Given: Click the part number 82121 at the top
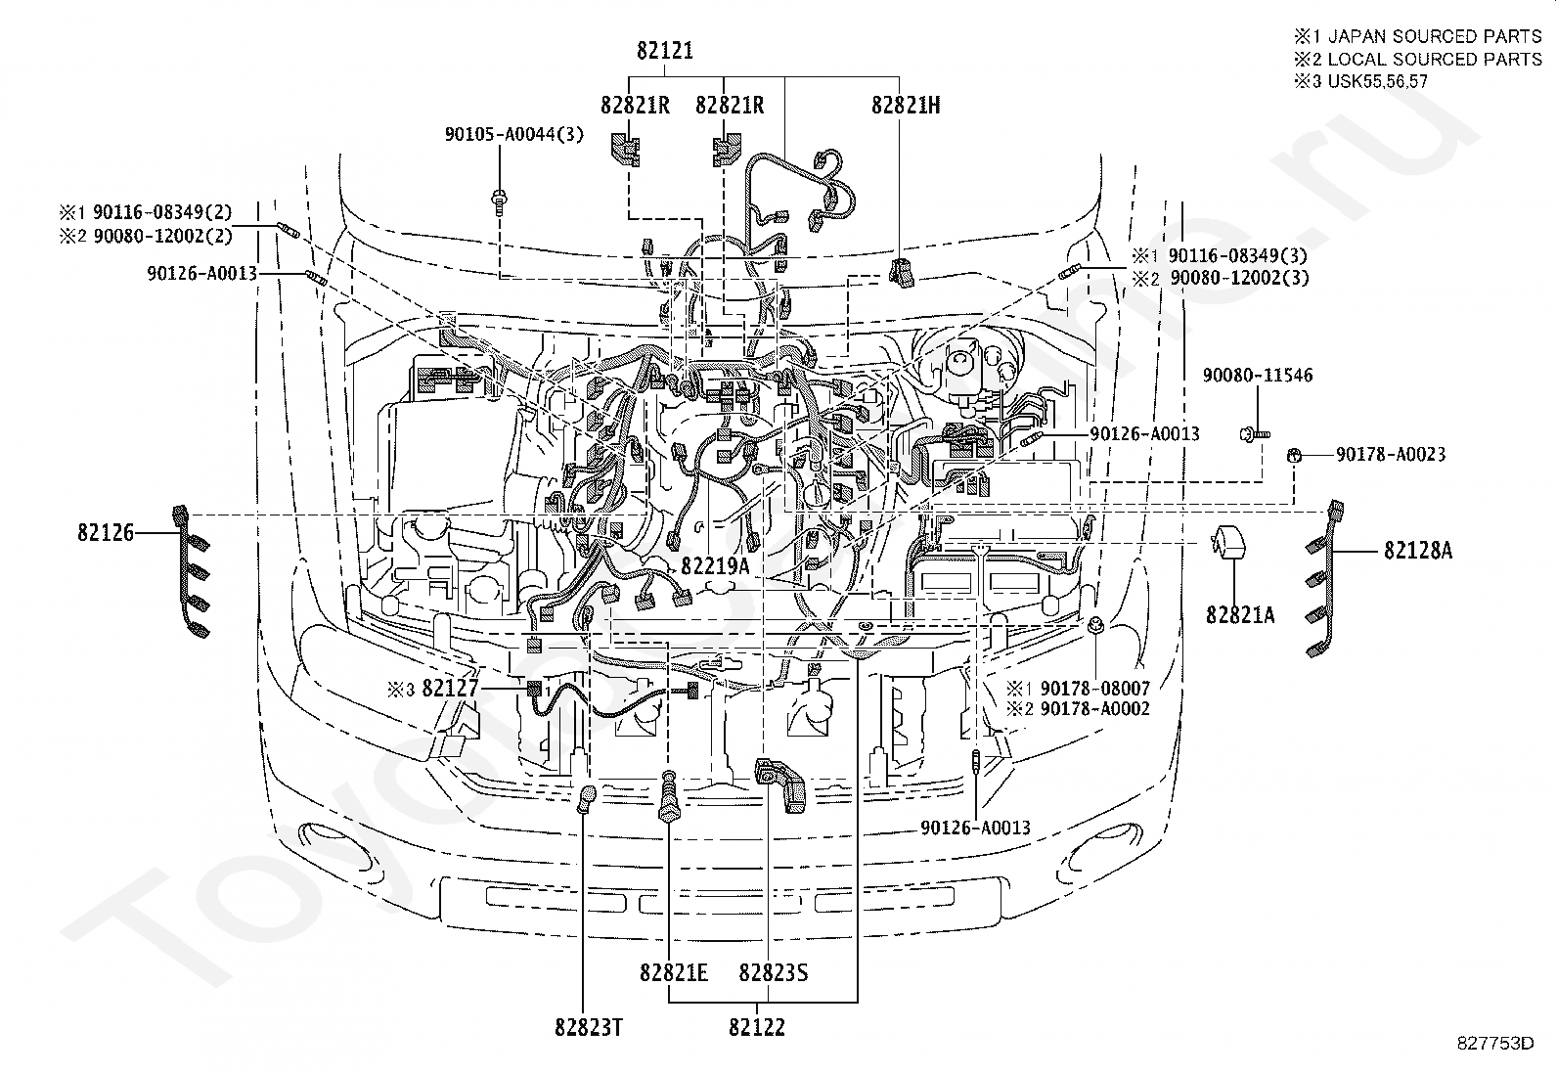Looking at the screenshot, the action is [x=665, y=51].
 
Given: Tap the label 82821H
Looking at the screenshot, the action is [x=906, y=105].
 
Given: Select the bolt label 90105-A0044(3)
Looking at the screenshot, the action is [x=514, y=134].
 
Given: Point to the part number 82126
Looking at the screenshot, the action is [x=106, y=533].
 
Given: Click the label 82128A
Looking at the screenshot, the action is [x=1418, y=551].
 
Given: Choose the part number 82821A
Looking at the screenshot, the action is [x=1240, y=615].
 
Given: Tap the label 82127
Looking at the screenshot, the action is [x=451, y=688].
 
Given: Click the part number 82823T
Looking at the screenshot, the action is [x=589, y=1027].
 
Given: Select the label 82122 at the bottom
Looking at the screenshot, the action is [x=757, y=1027].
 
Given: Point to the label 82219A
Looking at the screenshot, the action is [x=715, y=566].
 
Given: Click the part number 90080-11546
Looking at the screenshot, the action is [x=1258, y=376].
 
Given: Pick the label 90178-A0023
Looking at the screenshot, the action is [x=1391, y=455].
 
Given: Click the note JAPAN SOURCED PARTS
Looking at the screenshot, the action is [x=1435, y=36].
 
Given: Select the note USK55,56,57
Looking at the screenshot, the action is [x=1378, y=81].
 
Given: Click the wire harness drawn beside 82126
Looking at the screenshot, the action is [x=191, y=571].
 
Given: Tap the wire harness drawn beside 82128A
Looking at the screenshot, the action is [x=1325, y=578].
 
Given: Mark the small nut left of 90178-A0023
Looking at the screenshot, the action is [x=1294, y=456].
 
